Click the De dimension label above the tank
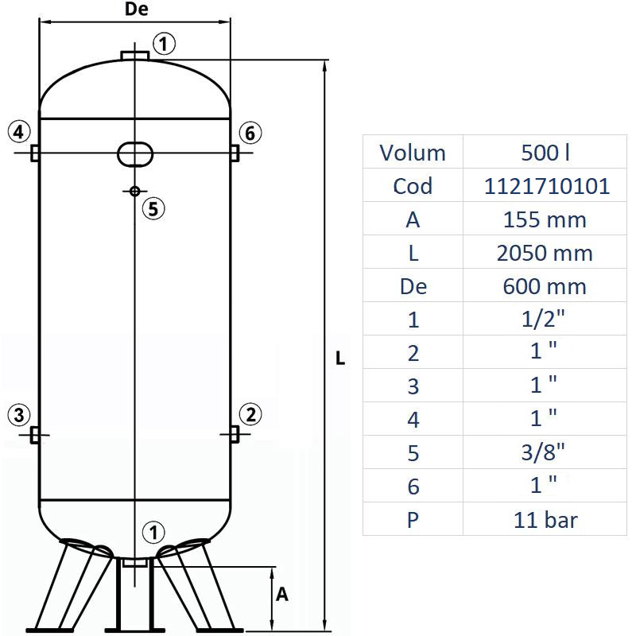(x=137, y=10)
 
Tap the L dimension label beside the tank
(x=340, y=359)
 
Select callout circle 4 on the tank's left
(x=20, y=132)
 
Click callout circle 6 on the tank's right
(x=250, y=132)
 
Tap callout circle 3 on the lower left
(x=20, y=414)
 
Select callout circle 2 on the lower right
(x=250, y=414)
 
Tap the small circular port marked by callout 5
(x=134, y=191)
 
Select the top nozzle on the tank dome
(x=135, y=55)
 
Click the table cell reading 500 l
(x=547, y=153)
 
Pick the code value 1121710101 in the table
(x=547, y=186)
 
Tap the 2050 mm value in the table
(x=547, y=253)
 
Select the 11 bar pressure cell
(x=547, y=520)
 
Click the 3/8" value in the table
(x=547, y=453)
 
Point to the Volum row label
(x=413, y=153)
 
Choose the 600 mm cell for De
(x=547, y=286)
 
